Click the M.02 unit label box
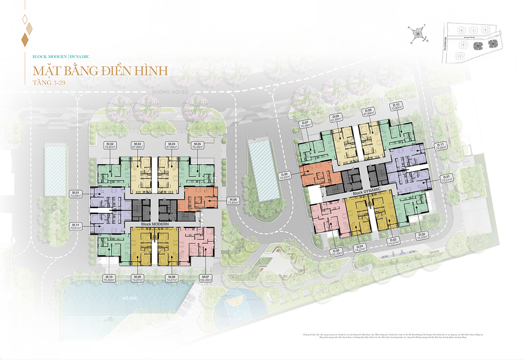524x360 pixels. coord(109,146)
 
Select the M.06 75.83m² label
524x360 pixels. coord(233,201)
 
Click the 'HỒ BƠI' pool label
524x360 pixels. coord(131,298)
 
